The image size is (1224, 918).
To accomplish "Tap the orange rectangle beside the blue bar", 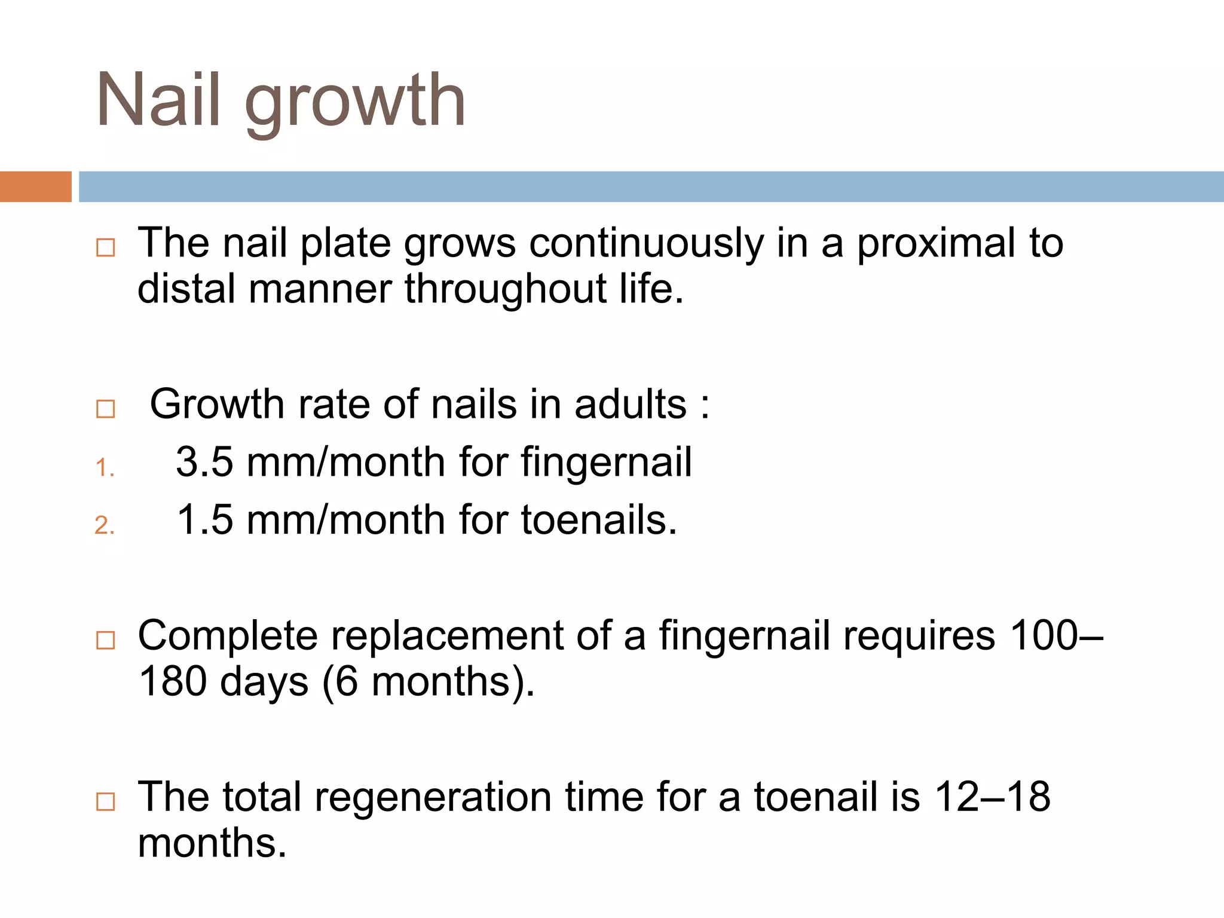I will point(35,186).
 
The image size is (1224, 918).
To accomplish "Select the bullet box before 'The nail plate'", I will point(106,247).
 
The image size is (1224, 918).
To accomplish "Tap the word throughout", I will point(505,289).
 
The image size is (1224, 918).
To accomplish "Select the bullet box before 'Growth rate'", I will point(106,409).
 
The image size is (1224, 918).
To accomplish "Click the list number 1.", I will point(105,467).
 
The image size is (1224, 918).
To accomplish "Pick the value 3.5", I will point(204,462).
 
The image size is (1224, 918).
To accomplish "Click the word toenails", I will point(598,519).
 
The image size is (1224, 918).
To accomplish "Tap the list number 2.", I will point(105,525).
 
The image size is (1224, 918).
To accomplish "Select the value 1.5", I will point(204,519).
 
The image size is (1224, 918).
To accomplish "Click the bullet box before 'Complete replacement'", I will point(106,640).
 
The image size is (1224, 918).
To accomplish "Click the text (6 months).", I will point(428,681).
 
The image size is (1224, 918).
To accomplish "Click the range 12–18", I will point(992,797).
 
